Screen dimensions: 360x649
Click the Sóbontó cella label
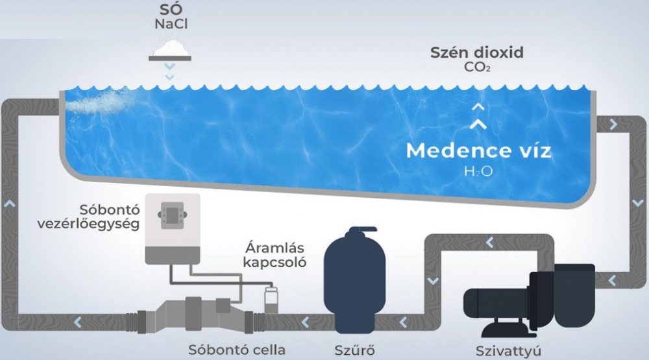pyautogui.click(x=236, y=350)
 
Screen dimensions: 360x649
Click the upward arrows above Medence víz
pyautogui.click(x=478, y=115)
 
